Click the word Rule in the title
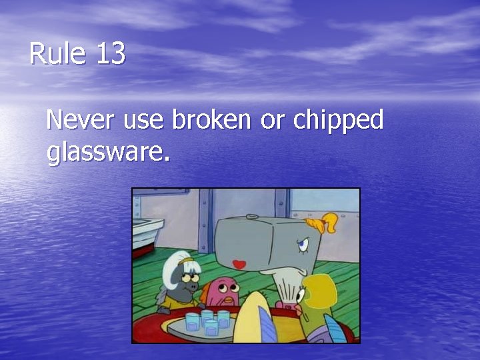[x=58, y=53]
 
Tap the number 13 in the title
[x=110, y=53]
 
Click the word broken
[x=211, y=121]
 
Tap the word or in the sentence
[x=272, y=122]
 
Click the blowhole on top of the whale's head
[x=251, y=216]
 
